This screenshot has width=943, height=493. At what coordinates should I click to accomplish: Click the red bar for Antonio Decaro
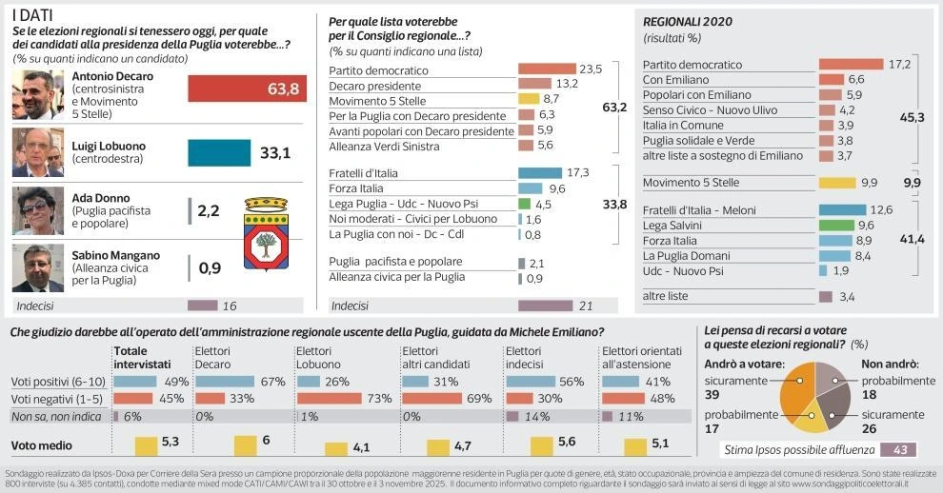point(247,89)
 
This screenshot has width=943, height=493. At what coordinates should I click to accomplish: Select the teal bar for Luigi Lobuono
point(219,152)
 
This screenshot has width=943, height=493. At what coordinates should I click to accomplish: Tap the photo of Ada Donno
point(38,210)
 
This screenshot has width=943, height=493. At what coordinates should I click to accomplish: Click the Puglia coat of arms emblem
point(266,233)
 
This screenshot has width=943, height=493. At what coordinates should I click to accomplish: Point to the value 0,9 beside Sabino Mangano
point(210,268)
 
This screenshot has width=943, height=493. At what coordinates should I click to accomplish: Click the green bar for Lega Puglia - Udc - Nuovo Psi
point(524,204)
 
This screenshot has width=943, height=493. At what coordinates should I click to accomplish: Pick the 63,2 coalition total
point(614,108)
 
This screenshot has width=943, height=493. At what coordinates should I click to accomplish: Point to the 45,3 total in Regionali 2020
point(913,116)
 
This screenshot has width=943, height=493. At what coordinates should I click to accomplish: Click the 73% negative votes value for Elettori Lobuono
point(353,399)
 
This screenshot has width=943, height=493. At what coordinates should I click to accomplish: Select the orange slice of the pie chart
point(796,390)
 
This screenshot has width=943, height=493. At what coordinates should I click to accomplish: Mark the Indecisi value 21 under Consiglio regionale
point(585,306)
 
